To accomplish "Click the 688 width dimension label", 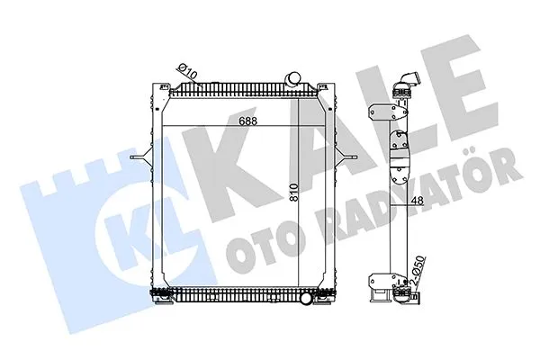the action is tap(248, 121).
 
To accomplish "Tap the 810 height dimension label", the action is tap(293, 193).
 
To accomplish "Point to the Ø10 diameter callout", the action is tap(186, 70).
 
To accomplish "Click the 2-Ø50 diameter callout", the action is tap(419, 270).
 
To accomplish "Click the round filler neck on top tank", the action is tap(292, 78).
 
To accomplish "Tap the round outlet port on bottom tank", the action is tap(306, 298).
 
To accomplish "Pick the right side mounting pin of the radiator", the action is tap(346, 157).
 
